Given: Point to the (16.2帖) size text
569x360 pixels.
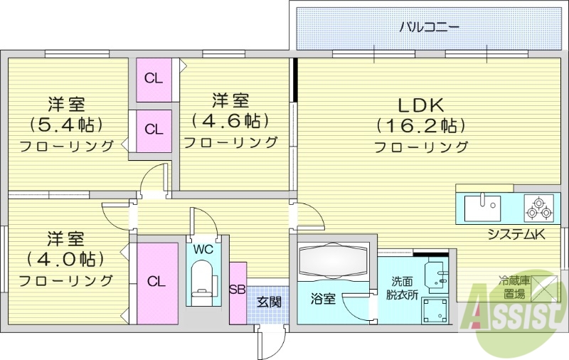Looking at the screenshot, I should pyautogui.click(x=420, y=126).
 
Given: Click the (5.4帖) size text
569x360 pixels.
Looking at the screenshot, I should pyautogui.click(x=66, y=125).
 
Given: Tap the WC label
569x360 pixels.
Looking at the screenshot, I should pyautogui.click(x=203, y=250).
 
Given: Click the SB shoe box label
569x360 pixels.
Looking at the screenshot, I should pyautogui.click(x=238, y=289).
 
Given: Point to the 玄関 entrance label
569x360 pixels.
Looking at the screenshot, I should pyautogui.click(x=269, y=302).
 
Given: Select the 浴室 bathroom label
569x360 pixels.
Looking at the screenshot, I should pyautogui.click(x=324, y=300).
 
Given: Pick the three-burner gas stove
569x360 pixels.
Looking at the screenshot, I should pyautogui.click(x=538, y=208).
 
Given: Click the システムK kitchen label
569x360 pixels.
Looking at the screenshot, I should pyautogui.click(x=516, y=235).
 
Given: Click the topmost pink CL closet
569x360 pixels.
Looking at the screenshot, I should pyautogui.click(x=154, y=78).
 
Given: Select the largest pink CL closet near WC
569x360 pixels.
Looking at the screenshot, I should pyautogui.click(x=156, y=282).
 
